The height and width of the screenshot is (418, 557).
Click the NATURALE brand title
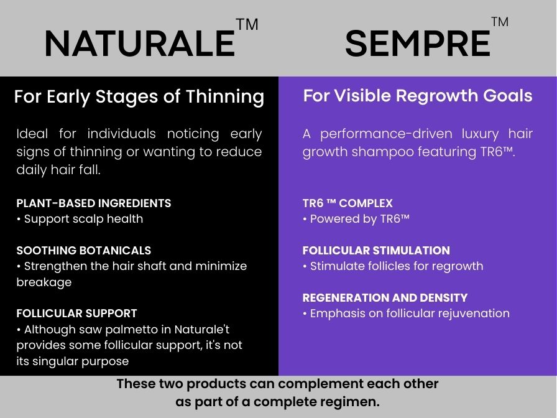(x=140, y=44)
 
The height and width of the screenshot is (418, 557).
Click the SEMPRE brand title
(x=417, y=44)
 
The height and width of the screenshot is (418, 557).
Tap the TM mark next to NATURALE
(x=247, y=24)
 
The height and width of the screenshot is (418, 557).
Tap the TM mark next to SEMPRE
(x=500, y=22)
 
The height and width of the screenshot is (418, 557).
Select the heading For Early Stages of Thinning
(x=139, y=96)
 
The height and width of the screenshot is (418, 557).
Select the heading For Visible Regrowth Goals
(x=418, y=96)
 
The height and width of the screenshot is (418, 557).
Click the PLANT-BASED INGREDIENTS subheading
(x=94, y=203)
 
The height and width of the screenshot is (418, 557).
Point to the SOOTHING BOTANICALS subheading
(x=84, y=250)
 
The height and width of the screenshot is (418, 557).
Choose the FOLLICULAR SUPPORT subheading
(x=76, y=313)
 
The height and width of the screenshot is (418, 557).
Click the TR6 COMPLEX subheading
(x=348, y=203)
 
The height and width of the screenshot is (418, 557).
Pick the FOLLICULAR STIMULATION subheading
(x=376, y=250)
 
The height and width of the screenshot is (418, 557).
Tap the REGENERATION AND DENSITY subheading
(x=385, y=297)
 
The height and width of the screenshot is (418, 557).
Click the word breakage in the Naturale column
(x=44, y=282)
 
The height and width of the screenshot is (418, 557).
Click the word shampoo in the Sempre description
(x=382, y=152)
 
